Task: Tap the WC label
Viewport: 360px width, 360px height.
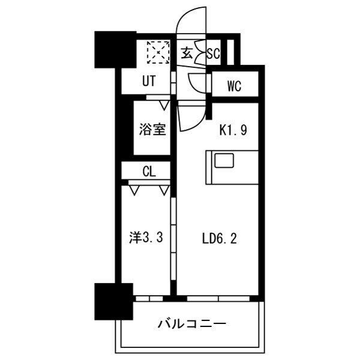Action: point(234,86)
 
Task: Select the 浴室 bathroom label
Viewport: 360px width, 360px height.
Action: point(152,129)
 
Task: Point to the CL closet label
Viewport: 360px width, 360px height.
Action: point(149,171)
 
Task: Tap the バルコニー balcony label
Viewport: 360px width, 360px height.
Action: point(192,325)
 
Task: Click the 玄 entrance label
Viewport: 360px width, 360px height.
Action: point(187,53)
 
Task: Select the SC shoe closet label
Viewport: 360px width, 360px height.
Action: point(213,53)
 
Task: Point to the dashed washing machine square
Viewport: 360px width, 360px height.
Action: point(158,52)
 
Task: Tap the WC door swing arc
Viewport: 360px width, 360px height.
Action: point(196,82)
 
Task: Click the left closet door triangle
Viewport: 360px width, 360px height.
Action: point(135,191)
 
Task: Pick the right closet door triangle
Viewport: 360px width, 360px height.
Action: point(165,191)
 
